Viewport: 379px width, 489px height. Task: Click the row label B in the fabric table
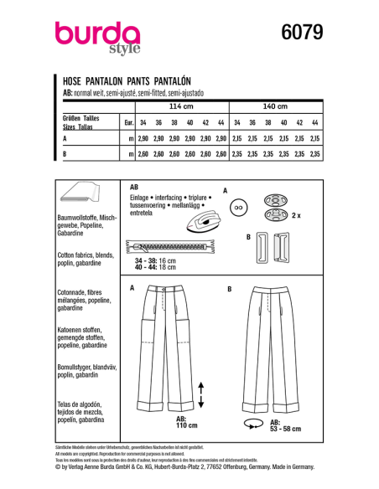pyautogui.click(x=65, y=154)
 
